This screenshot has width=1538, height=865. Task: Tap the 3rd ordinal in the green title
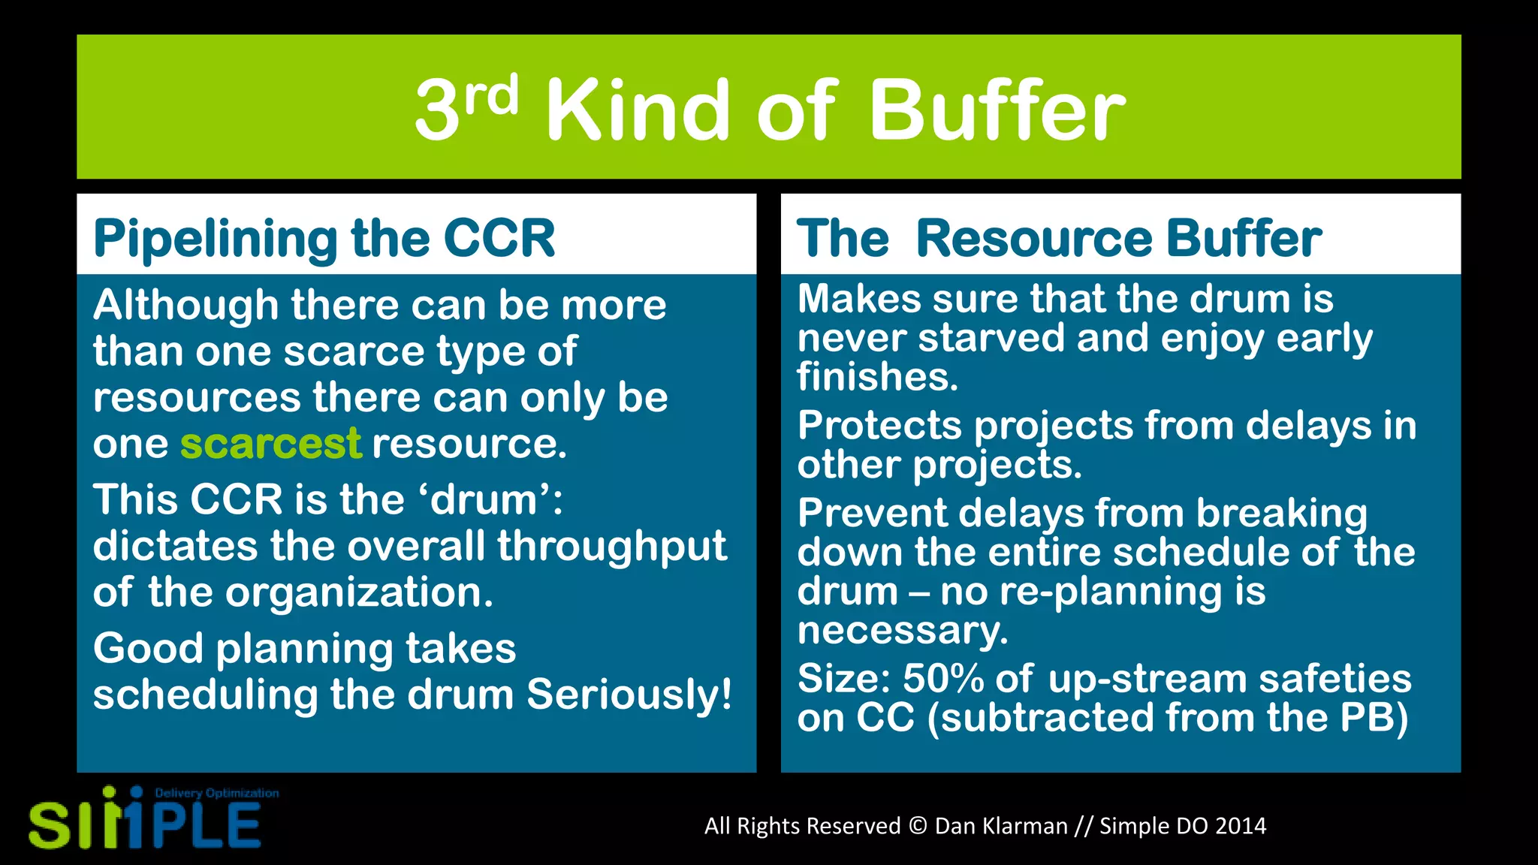click(466, 109)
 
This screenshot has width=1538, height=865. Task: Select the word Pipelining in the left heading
click(216, 239)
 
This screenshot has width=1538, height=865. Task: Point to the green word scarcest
click(270, 444)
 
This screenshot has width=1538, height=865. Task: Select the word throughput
click(612, 546)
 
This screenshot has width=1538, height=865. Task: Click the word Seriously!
click(629, 695)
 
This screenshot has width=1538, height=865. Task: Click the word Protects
click(879, 426)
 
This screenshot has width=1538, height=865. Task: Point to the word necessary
click(902, 630)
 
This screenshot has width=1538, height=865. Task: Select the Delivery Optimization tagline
click(216, 793)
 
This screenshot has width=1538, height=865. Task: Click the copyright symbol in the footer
click(918, 826)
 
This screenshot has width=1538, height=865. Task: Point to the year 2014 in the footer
click(1241, 826)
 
